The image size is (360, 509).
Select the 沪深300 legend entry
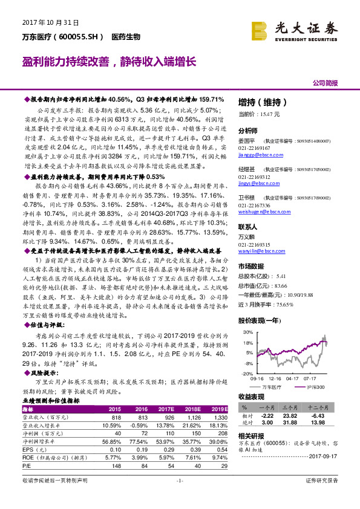[313, 386]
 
